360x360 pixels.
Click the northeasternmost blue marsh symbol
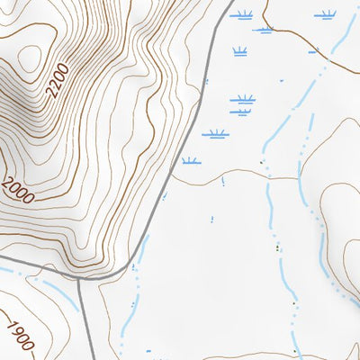click(326, 14)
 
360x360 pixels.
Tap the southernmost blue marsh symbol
click(190, 161)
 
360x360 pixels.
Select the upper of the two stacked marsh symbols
click(241, 99)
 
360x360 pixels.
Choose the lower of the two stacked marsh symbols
click(239, 112)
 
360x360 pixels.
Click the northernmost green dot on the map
click(262, 163)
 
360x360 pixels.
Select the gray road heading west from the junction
click(36, 267)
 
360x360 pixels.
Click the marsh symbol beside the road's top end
click(242, 13)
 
